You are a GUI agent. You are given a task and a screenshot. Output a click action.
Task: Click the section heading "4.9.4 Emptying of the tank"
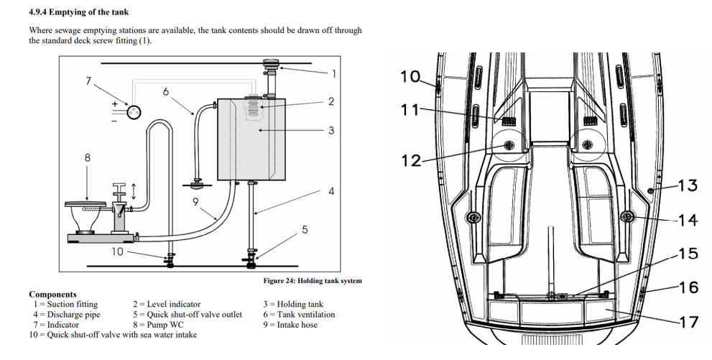(x=78, y=11)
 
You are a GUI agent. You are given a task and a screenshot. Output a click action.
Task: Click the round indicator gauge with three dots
(x=134, y=111)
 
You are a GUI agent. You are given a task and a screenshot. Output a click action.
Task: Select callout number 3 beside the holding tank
(x=331, y=130)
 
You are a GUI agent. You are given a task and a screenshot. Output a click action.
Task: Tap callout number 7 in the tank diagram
(x=88, y=80)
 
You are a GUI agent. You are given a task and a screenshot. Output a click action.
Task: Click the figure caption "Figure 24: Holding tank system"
(x=313, y=281)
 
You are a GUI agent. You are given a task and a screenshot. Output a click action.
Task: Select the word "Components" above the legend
(x=52, y=294)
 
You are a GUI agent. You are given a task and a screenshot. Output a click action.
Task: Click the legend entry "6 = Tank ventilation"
(x=299, y=315)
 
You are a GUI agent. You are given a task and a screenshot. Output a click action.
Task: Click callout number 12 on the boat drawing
(x=411, y=160)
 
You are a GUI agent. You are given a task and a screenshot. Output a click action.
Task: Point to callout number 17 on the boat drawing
(x=689, y=322)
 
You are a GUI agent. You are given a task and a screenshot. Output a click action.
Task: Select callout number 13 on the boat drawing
(x=688, y=185)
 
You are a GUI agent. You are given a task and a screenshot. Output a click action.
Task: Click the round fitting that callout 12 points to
(x=509, y=145)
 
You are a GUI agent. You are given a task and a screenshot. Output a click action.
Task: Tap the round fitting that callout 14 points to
(x=627, y=217)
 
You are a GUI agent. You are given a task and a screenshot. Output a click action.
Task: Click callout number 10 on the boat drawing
(x=410, y=76)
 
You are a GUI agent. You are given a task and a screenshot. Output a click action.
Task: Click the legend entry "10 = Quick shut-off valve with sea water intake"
(x=113, y=335)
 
